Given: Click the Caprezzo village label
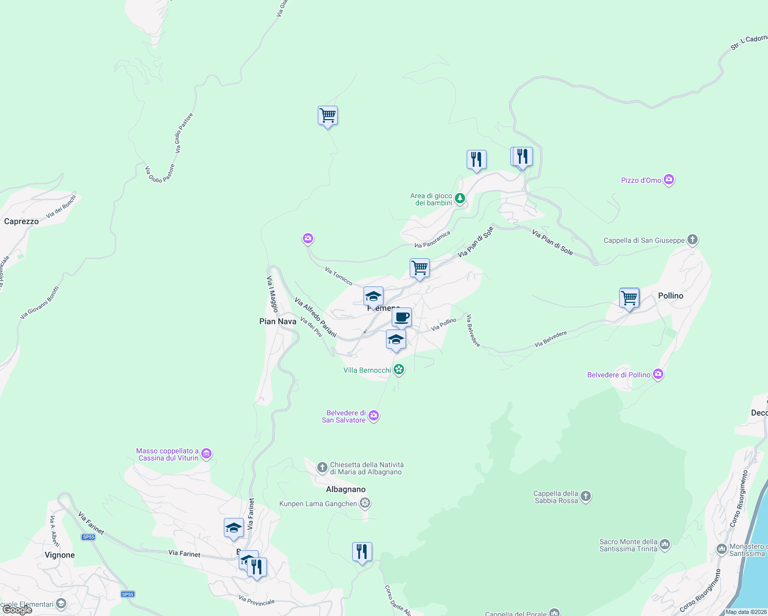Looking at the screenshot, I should [22, 222].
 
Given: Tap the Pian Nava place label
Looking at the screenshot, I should [278, 321].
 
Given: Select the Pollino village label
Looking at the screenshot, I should [670, 296].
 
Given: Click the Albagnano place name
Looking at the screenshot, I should [345, 489].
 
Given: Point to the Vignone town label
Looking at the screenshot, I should [60, 555].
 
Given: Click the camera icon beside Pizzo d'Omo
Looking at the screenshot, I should [668, 180].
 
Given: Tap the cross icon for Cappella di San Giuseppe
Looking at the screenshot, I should [692, 240].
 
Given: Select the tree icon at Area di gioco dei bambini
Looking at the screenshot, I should [460, 198].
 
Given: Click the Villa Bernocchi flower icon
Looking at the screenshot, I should [399, 370].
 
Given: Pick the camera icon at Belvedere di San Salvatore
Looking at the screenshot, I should [374, 415].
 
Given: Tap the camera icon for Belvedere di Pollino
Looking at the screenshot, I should [658, 374].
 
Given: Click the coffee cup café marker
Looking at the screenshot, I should [402, 317].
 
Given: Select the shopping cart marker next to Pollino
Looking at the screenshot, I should [629, 298].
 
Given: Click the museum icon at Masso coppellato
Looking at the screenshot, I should [206, 453].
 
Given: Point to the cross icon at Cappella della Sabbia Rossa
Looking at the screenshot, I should [586, 496].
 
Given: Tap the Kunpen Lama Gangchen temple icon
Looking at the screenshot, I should [364, 503].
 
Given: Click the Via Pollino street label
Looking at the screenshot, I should [444, 324].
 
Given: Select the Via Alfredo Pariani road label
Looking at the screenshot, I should [315, 317].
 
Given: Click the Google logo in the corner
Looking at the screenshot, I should [18, 610].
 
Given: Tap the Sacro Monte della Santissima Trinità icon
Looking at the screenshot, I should [665, 544].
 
